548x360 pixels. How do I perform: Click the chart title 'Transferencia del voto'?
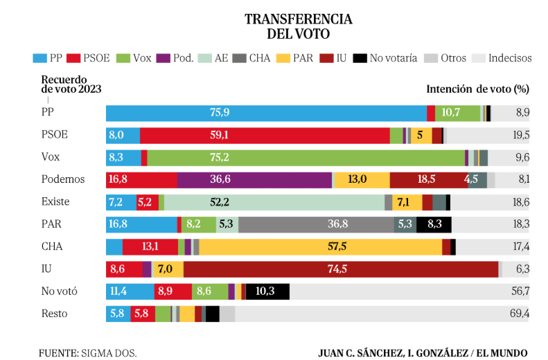pos(298,26)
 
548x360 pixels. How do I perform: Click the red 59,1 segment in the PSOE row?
pos(265,136)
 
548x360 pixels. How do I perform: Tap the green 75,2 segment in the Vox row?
pos(306,158)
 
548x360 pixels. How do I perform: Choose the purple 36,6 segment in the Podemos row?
pos(254,180)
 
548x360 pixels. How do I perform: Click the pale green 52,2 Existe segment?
pos(274,202)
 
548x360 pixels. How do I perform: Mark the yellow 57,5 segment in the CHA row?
pos(320,247)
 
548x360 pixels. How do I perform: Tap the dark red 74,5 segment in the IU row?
pos(340,269)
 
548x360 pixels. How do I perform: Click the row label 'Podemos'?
pos(63,179)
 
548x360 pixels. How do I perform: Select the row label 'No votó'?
pos(60,291)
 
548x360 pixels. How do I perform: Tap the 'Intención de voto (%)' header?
pos(477,89)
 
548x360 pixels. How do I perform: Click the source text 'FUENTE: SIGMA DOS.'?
pos(88,352)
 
